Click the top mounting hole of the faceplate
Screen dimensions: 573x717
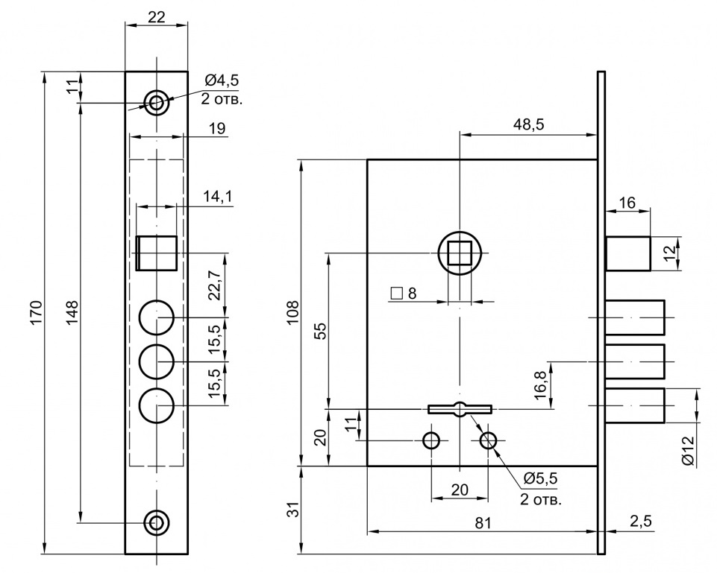click(x=157, y=102)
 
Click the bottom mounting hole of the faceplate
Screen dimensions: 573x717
click(x=157, y=522)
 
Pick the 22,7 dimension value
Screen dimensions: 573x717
click(x=216, y=286)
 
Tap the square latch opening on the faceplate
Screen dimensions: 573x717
click(x=157, y=253)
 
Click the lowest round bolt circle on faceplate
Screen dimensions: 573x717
click(x=157, y=405)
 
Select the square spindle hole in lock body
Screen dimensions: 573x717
click(x=460, y=253)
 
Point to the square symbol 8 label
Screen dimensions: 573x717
click(x=404, y=293)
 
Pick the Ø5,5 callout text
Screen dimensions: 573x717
click(x=541, y=478)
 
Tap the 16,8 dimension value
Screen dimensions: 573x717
click(x=541, y=384)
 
